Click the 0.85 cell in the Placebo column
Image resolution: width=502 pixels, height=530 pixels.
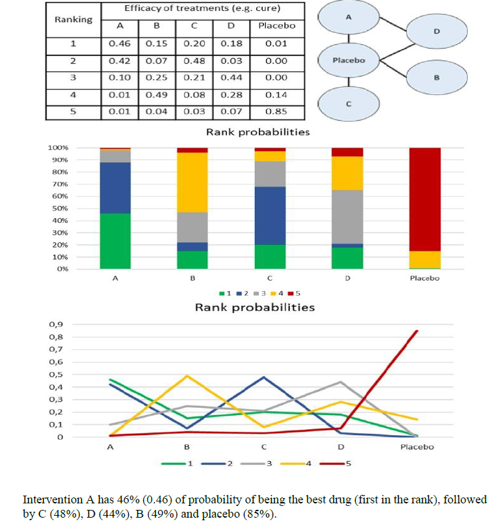[276, 111]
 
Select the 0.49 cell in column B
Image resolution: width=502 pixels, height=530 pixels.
[157, 95]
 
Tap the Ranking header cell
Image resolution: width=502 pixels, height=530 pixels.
[73, 19]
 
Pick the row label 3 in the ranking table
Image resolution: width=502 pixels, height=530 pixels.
[73, 77]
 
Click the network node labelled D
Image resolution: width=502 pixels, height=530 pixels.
[436, 31]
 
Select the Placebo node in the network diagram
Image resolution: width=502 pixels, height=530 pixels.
[349, 60]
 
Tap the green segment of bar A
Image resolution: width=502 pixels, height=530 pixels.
[115, 240]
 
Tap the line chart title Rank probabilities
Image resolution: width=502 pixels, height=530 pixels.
[255, 307]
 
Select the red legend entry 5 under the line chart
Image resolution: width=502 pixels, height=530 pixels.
[337, 464]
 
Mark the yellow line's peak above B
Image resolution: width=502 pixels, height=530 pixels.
[187, 376]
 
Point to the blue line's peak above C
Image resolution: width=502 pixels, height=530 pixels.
[263, 377]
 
